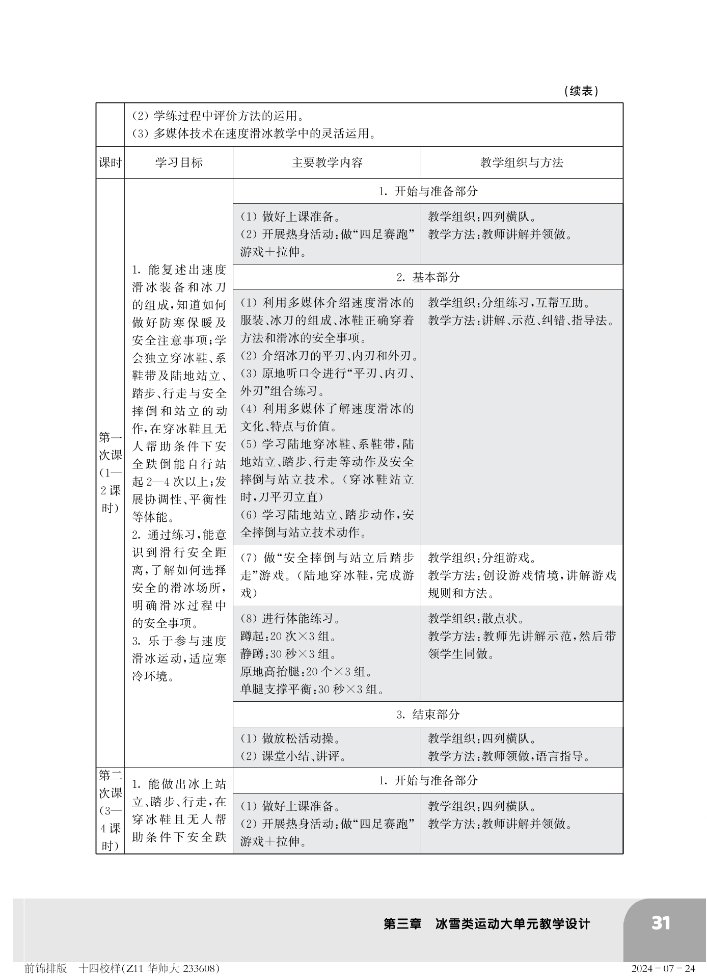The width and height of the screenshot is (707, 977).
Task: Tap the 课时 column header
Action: click(110, 163)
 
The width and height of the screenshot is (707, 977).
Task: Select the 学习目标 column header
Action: click(179, 163)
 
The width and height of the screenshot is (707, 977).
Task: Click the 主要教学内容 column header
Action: click(327, 163)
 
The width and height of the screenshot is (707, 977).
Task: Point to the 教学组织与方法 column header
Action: click(522, 163)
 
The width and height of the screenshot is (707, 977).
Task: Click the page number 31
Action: click(661, 923)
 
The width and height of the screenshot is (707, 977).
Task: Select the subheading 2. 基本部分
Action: click(428, 277)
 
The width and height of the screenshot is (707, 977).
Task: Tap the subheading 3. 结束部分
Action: click(428, 715)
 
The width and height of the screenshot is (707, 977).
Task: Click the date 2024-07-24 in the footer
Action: click(663, 968)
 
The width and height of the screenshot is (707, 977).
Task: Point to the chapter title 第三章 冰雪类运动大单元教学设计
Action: click(486, 924)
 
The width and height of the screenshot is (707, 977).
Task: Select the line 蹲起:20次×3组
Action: click(288, 637)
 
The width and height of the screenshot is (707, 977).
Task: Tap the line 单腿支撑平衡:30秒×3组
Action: click(312, 690)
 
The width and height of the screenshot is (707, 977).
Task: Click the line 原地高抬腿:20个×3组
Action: click(306, 672)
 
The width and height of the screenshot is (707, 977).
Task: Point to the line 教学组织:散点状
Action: click(476, 619)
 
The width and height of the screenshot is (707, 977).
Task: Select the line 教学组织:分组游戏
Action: click(482, 558)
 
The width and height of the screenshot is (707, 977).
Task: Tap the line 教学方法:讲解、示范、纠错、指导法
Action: click(521, 321)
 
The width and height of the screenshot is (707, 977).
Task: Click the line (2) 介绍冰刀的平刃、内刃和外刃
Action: click(329, 356)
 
